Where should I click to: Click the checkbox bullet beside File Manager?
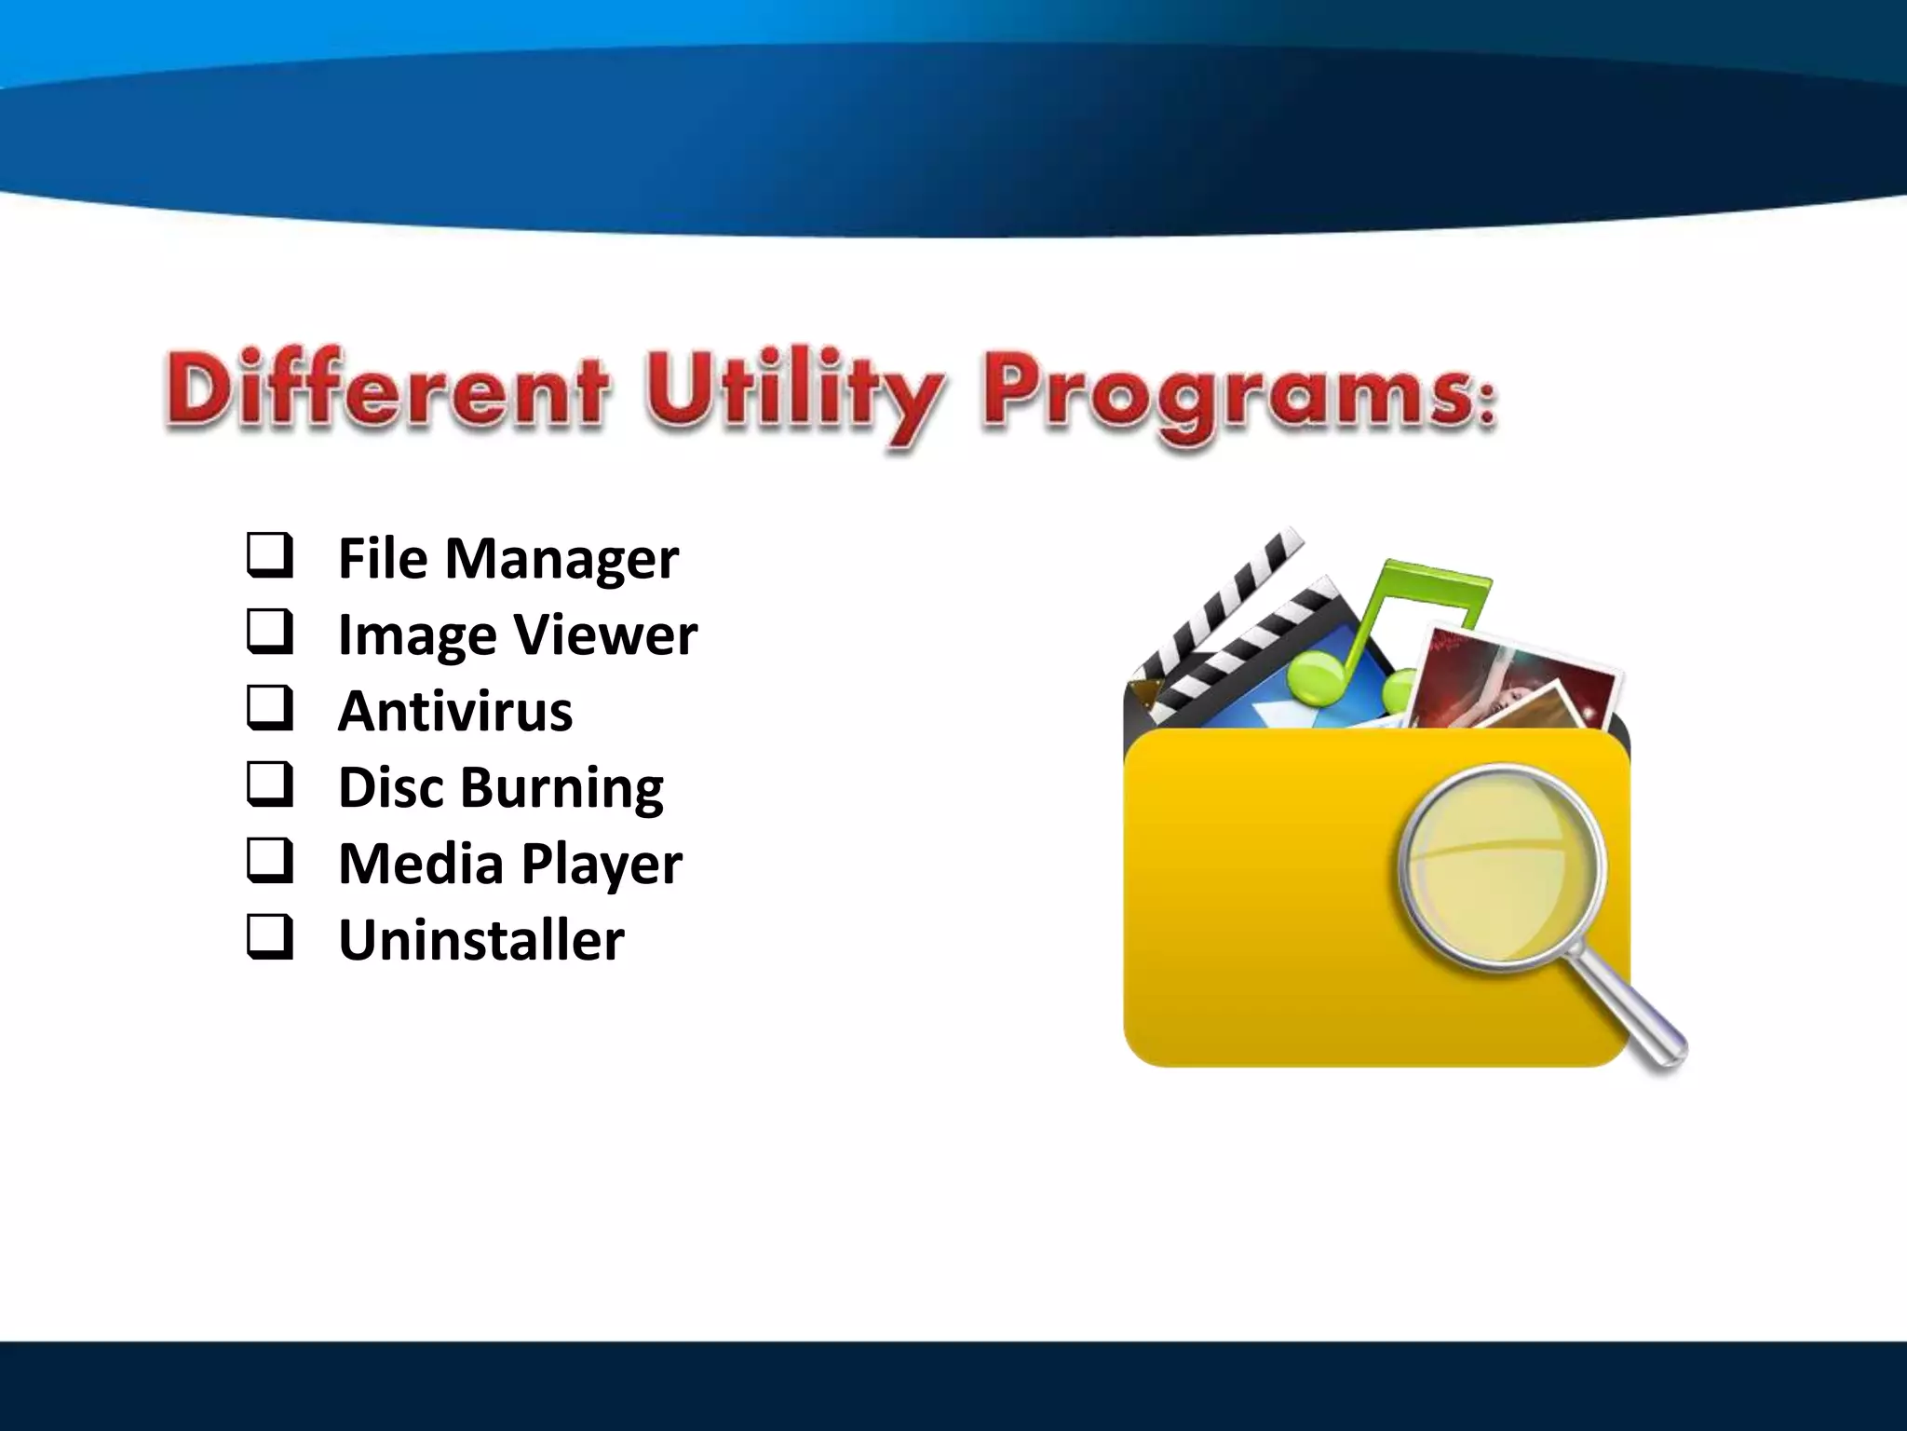(x=270, y=556)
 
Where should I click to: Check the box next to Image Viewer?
(x=270, y=633)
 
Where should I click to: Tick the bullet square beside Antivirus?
(x=270, y=709)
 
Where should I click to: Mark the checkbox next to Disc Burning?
(x=270, y=785)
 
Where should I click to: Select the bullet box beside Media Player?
(x=270, y=862)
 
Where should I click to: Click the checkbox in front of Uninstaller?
(x=270, y=938)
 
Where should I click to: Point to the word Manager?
(x=561, y=560)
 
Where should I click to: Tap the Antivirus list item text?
(x=454, y=712)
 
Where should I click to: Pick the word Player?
(x=602, y=865)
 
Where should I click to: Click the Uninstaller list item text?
(x=480, y=941)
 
